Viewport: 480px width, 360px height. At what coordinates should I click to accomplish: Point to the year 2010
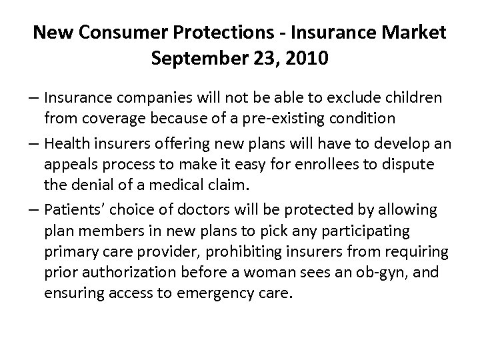click(305, 59)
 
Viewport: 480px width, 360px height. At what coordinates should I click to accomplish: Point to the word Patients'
click(73, 211)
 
